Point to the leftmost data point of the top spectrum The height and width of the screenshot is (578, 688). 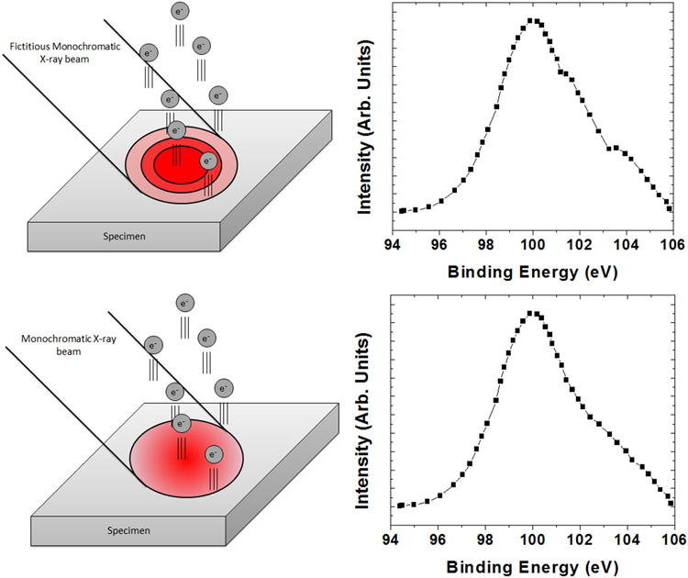pos(401,211)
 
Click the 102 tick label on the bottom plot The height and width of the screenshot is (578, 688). pos(580,540)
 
